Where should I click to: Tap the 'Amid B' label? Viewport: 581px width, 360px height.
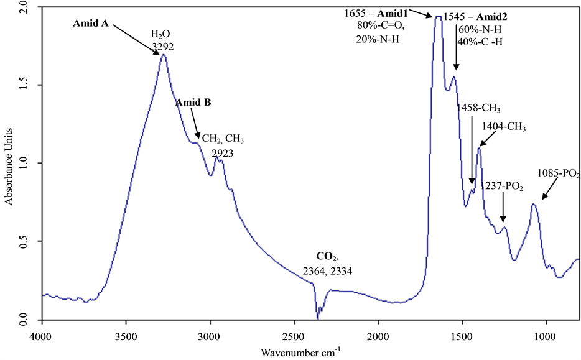193,103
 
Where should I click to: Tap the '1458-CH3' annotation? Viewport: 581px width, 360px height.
478,108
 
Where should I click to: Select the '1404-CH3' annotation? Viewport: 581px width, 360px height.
503,127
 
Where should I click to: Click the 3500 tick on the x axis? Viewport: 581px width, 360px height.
126,336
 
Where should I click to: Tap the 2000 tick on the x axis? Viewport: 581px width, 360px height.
378,336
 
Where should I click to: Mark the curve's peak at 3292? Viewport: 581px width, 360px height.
164,55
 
